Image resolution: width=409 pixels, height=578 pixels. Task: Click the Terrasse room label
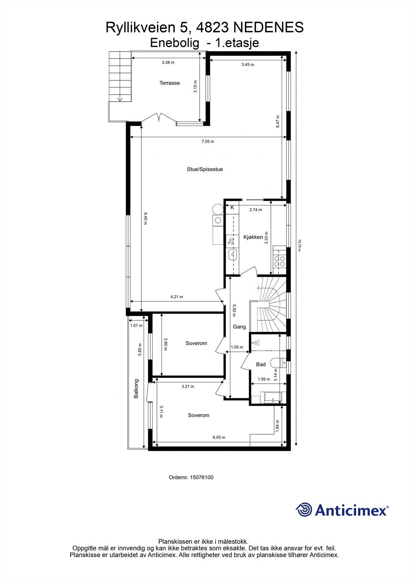(170, 83)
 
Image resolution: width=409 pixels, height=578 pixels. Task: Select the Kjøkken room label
(253, 237)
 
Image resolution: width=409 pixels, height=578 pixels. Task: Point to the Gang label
(239, 327)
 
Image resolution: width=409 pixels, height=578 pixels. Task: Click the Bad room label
(261, 365)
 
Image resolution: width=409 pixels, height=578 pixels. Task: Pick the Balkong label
(136, 388)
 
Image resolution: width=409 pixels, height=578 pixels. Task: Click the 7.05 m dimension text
(208, 142)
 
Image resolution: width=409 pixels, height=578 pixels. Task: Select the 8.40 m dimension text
(145, 219)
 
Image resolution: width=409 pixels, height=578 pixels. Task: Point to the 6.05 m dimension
(219, 437)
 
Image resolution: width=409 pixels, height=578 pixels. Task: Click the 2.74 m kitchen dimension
(256, 210)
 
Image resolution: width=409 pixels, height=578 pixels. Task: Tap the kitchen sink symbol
(232, 255)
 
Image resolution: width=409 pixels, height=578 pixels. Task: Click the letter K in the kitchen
(232, 208)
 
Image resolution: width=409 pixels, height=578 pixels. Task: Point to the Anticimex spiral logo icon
(304, 510)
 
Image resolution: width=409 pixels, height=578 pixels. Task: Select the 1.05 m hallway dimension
(237, 347)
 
